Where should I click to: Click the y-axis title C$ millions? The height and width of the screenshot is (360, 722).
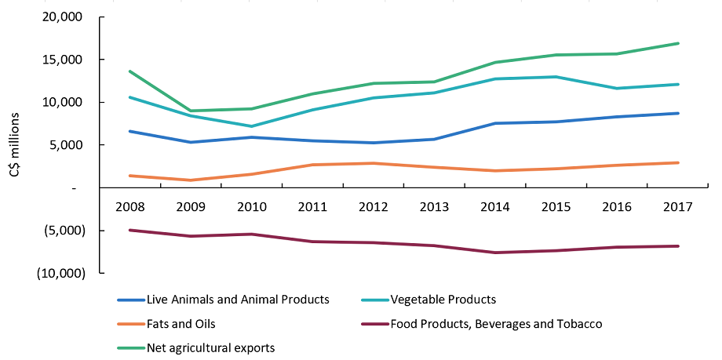[15, 145]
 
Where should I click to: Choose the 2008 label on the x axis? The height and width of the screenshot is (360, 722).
[129, 209]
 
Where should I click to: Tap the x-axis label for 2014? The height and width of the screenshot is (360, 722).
[495, 209]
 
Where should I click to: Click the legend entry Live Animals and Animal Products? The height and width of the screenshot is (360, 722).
[237, 300]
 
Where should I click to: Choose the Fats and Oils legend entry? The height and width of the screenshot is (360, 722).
[180, 323]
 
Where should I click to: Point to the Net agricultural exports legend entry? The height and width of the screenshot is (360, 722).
[210, 347]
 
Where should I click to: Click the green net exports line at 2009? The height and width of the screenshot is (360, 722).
[191, 111]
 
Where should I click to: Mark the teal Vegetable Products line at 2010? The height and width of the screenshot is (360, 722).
[251, 126]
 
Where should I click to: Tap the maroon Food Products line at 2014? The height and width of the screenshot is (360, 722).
[495, 253]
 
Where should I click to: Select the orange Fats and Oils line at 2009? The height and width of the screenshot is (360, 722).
[191, 180]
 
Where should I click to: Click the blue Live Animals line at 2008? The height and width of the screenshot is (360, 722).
[129, 131]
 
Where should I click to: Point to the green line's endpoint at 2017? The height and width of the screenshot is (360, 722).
[678, 43]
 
